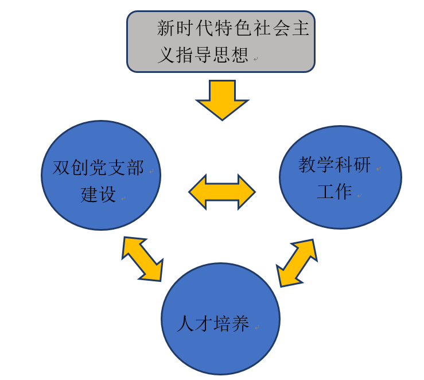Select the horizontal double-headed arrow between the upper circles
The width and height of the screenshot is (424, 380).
tap(222, 191)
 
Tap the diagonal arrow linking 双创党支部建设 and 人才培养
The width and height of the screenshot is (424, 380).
tap(142, 259)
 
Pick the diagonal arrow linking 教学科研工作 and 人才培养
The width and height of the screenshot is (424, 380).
tap(297, 263)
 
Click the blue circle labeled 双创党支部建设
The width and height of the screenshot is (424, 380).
tap(101, 175)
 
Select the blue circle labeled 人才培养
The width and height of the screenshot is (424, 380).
tap(221, 319)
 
